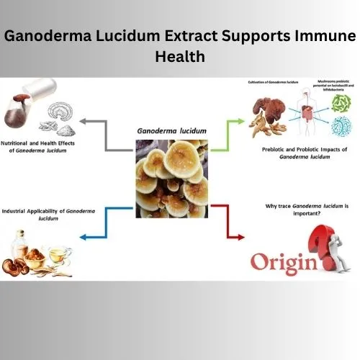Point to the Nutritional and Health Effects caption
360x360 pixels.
tap(40, 145)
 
